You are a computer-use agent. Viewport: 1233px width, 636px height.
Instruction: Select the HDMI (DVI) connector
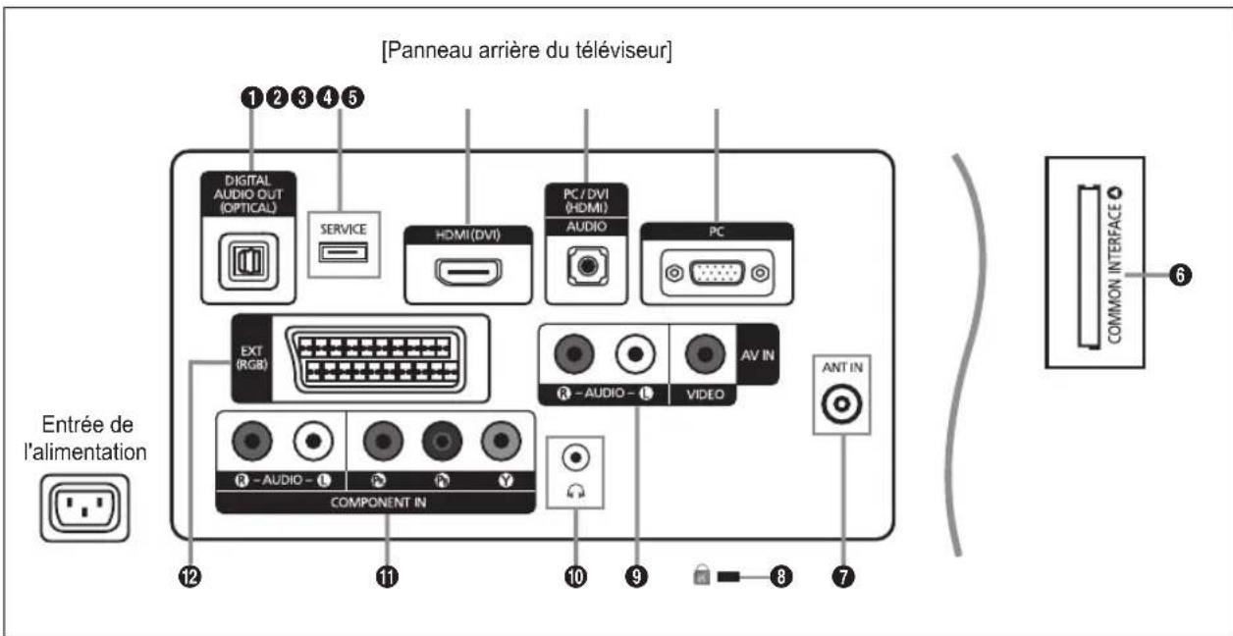tap(469, 271)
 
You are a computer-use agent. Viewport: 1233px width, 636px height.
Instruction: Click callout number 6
tap(1186, 278)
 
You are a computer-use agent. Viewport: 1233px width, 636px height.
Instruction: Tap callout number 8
tap(781, 576)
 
